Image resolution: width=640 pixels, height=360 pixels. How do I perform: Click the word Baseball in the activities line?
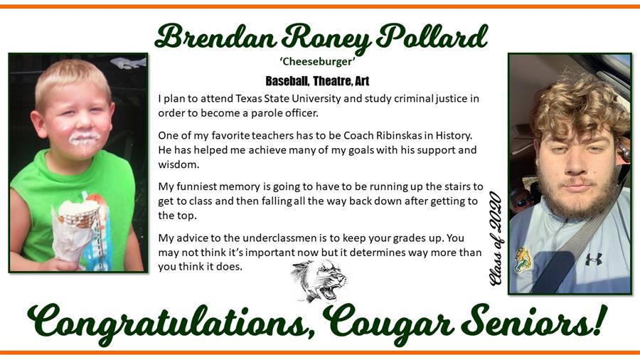[x=287, y=81]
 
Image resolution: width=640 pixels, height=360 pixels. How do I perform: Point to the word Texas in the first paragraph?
[x=248, y=98]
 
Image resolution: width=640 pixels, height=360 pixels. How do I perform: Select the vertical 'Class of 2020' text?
[x=496, y=238]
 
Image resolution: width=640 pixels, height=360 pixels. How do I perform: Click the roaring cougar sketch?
[x=319, y=281]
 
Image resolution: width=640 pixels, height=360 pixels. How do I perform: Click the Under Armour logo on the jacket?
[x=594, y=259]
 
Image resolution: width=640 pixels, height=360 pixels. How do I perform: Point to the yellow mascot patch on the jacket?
[x=520, y=260]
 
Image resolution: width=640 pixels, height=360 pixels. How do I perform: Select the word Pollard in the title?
[x=432, y=37]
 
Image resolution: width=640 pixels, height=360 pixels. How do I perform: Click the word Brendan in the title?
[x=215, y=37]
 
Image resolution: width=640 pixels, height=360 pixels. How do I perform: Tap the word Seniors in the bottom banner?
[x=534, y=322]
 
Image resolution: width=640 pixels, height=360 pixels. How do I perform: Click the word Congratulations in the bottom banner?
[x=171, y=324]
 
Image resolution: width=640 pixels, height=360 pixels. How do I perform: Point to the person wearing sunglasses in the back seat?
[x=522, y=200]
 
